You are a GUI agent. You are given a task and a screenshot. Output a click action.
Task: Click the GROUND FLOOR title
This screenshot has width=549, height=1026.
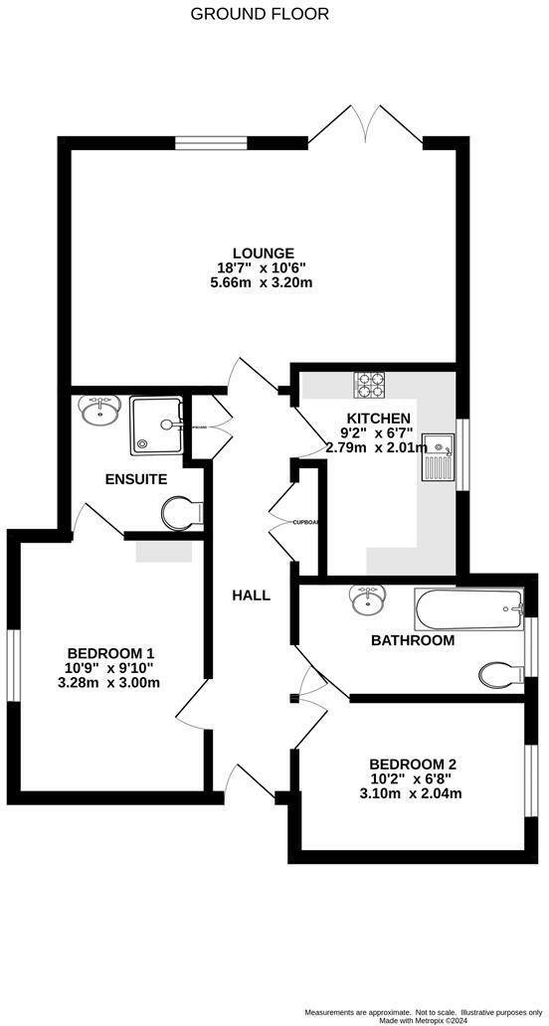coord(259,14)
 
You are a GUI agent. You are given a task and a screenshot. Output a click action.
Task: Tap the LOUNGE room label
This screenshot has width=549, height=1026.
coord(264,253)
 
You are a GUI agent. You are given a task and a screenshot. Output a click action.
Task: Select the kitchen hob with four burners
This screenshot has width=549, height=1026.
coord(371,384)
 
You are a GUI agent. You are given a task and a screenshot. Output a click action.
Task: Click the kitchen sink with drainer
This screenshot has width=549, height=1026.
coord(437,456)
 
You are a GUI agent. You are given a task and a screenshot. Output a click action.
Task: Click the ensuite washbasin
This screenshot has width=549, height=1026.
coord(100,410)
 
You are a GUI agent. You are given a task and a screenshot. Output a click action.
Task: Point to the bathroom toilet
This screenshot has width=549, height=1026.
coord(501,675)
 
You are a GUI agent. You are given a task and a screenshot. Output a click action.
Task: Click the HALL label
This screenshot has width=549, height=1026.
coord(251,596)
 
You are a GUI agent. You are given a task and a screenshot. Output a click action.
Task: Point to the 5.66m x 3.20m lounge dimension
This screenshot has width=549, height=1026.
coord(264,282)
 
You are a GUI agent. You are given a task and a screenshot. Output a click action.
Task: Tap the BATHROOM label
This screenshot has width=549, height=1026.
coord(413,640)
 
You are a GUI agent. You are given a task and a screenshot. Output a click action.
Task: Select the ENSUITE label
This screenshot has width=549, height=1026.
coord(135,479)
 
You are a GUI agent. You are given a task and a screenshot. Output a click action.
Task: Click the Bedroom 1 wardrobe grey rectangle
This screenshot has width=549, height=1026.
coord(163,551)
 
